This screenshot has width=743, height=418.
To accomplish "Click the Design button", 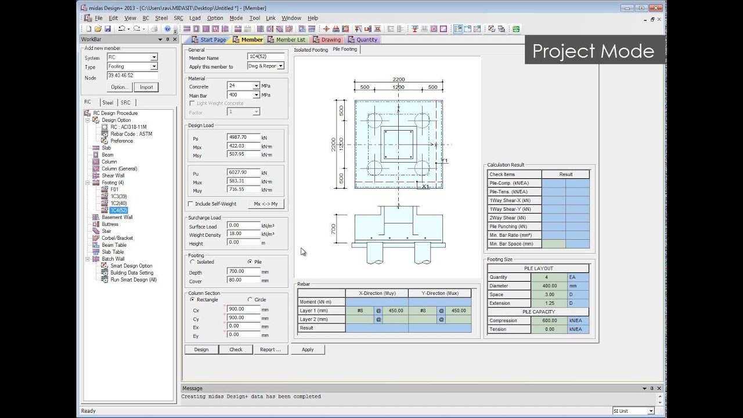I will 201,349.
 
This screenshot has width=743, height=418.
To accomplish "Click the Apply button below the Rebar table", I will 308,349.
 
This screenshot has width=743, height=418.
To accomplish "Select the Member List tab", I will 286,40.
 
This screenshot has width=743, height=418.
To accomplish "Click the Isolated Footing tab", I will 311,50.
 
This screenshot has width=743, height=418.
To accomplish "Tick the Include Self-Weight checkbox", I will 191,204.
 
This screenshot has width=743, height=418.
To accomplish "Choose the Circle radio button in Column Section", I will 250,300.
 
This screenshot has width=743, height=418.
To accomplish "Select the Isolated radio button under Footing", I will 192,262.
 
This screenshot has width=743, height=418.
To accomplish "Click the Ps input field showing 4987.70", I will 243,138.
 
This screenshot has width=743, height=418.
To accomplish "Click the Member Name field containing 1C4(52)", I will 265,57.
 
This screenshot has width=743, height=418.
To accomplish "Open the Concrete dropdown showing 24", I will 256,86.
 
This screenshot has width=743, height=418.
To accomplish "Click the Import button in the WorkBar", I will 146,87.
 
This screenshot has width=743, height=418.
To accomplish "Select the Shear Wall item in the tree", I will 113,175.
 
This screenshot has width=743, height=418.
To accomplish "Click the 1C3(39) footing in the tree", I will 118,196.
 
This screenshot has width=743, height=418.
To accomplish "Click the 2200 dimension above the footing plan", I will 398,80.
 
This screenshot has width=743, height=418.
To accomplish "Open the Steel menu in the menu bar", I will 161,18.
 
